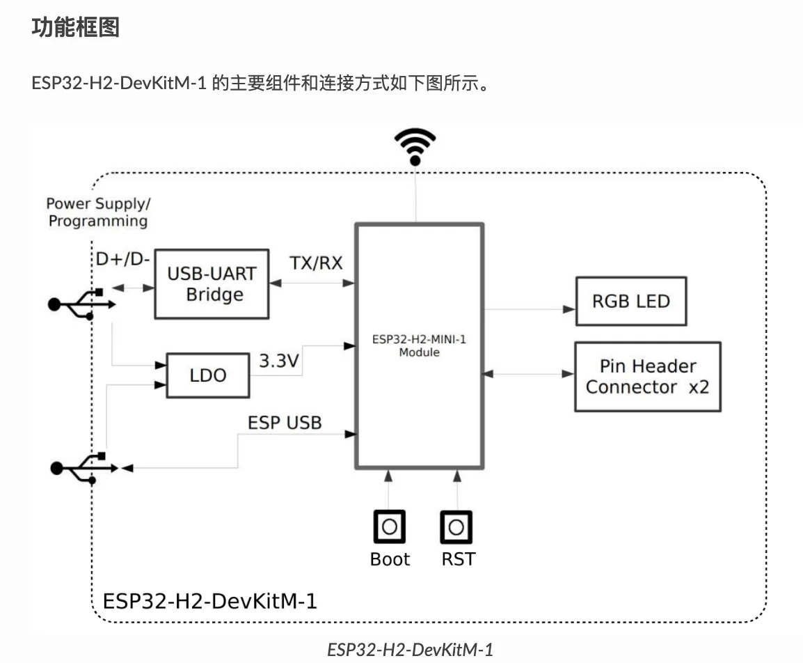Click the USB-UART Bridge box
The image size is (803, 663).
coord(212,283)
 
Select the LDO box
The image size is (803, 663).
coord(208,375)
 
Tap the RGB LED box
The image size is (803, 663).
coord(630,301)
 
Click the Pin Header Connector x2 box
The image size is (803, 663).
coord(647,376)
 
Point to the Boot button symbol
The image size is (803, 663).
coord(390,527)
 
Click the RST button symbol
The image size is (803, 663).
coord(456,527)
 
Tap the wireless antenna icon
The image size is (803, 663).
coord(415,146)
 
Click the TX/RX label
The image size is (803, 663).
coord(316,263)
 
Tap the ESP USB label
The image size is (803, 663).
coord(285,422)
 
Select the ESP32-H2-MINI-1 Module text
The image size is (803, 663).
coord(419,347)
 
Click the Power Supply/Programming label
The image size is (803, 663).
coord(98,212)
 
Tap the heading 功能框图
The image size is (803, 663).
coord(76,28)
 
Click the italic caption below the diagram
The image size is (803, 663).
coord(410,650)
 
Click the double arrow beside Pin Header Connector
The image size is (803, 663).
coord(529,375)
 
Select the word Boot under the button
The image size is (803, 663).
coord(390,559)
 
